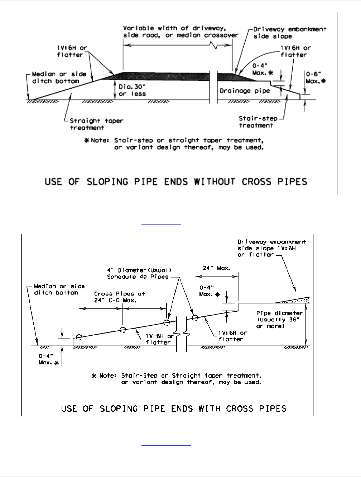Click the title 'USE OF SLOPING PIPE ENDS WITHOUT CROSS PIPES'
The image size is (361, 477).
point(176,181)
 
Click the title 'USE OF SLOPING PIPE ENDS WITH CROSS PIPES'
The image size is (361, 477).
point(174,408)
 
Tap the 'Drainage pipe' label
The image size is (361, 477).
point(245,91)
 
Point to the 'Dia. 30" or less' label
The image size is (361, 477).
point(132,90)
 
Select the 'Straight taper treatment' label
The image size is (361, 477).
point(96,124)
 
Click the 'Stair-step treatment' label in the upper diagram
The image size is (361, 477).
point(256,122)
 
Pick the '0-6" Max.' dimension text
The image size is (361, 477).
point(316,77)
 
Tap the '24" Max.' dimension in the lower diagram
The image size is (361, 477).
point(217,268)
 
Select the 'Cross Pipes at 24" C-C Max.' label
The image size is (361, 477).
point(119,297)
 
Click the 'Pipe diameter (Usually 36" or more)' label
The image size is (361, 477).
point(279,320)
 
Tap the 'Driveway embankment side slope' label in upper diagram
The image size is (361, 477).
point(290,33)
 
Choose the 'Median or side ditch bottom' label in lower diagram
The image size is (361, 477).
point(59,289)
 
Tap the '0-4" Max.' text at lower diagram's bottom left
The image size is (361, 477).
point(47,359)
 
